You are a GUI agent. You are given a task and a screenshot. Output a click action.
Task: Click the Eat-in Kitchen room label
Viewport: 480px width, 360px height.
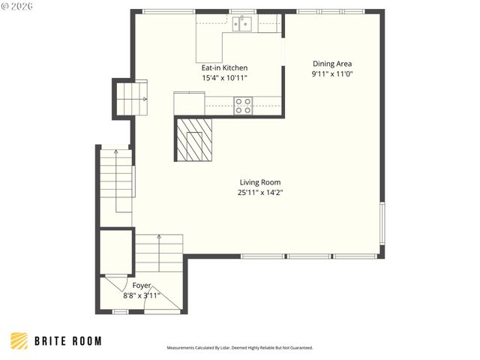[223, 67]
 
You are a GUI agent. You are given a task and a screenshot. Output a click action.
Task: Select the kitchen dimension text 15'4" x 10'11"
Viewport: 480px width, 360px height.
[223, 77]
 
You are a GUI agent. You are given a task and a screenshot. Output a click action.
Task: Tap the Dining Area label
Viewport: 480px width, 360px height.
[331, 64]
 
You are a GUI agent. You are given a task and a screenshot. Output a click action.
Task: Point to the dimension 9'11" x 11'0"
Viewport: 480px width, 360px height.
[331, 74]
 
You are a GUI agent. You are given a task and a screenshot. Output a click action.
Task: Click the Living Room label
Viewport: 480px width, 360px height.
[260, 182]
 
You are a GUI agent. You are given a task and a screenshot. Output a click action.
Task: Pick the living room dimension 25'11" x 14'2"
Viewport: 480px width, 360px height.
[260, 192]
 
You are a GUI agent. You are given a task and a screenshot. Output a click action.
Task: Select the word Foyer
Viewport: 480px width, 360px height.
[142, 286]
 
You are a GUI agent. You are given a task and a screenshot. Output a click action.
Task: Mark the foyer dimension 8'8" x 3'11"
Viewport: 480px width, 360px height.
[142, 295]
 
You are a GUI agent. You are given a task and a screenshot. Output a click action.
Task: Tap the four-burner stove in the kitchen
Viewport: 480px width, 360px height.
[243, 106]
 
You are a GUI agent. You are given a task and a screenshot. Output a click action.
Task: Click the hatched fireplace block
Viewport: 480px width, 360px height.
[194, 139]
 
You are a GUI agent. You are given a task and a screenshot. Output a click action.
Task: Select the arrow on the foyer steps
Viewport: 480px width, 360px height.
[159, 238]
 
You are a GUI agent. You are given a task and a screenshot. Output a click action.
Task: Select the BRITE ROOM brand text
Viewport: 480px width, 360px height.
[68, 341]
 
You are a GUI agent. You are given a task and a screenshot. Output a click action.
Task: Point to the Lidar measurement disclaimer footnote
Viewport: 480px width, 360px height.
[240, 348]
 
